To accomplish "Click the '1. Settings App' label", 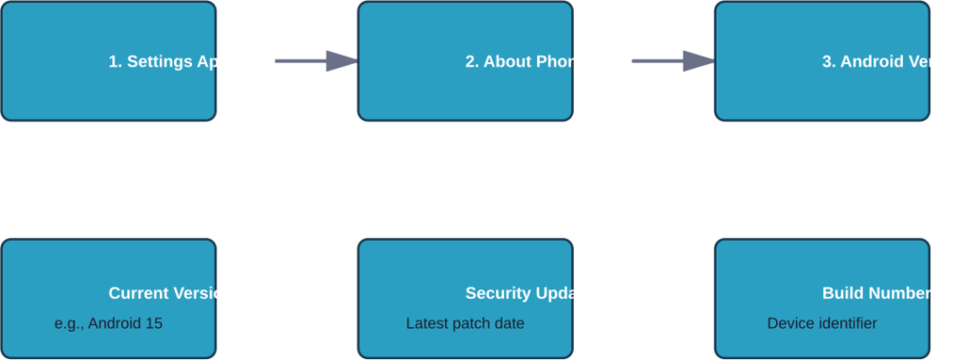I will [x=168, y=61].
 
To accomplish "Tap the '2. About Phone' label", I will [x=526, y=61].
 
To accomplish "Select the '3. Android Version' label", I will [x=893, y=61].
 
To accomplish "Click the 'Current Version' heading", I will [x=170, y=293].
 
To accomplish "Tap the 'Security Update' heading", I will [x=527, y=293].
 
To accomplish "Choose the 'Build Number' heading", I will [x=876, y=293].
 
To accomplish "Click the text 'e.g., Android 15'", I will [x=109, y=323].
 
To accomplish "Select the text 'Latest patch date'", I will [x=465, y=323].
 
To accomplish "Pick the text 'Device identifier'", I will [x=821, y=323].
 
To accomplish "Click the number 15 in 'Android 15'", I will [x=154, y=323].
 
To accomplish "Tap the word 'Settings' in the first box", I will [x=160, y=61].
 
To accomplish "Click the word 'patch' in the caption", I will [x=472, y=323].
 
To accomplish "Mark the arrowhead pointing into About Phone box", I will [x=341, y=61].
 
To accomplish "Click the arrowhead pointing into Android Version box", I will [x=699, y=61].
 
